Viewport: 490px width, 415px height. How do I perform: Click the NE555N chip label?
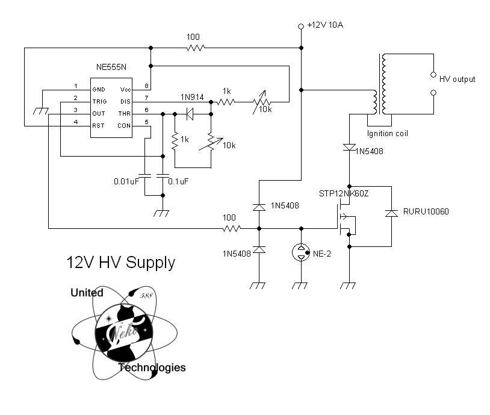(111, 67)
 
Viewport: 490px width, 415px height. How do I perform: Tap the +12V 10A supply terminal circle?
(301, 27)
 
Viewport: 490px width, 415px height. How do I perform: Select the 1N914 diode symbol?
(190, 114)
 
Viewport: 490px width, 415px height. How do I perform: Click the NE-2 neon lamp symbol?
(301, 252)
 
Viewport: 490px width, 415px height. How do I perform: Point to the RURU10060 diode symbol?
(391, 213)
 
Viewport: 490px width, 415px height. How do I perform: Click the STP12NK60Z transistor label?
(344, 193)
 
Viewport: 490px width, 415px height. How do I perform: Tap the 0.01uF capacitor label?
(126, 181)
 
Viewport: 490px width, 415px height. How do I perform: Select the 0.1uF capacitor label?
(178, 181)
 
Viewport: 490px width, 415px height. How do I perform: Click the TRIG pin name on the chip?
(99, 102)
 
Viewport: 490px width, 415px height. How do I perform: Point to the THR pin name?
(125, 113)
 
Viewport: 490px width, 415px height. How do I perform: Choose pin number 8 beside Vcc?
(146, 86)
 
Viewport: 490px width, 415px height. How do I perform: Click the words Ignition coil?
(388, 134)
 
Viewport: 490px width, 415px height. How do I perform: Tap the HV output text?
(457, 79)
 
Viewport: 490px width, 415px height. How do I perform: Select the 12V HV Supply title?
(120, 263)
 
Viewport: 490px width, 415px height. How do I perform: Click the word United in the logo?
(87, 293)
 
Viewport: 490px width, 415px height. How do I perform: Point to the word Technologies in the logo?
(152, 367)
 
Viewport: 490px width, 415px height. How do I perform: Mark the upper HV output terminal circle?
(433, 75)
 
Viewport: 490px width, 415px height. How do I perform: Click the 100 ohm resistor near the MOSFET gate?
(232, 229)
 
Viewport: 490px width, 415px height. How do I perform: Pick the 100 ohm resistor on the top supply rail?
(196, 48)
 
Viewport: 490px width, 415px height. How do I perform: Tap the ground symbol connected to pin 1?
(41, 111)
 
